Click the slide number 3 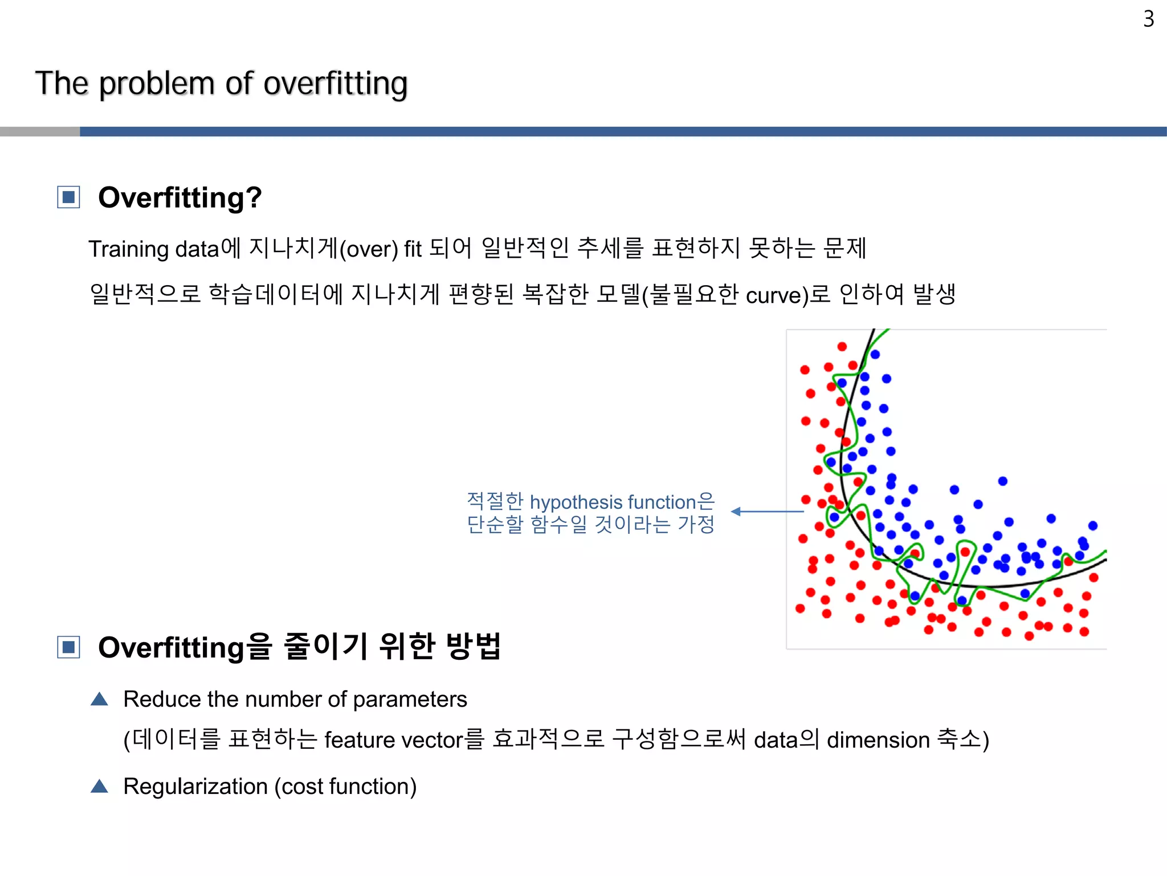pos(1148,19)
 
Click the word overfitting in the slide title pos(335,84)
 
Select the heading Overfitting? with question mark pos(180,198)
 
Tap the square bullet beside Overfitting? pos(68,197)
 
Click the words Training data pos(153,249)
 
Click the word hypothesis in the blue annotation pos(576,502)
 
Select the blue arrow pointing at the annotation pos(766,512)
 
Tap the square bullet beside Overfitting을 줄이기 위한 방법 pos(68,647)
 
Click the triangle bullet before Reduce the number pos(99,699)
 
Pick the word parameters pos(410,700)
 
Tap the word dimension pos(878,740)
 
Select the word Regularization pos(195,786)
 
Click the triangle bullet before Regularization pos(99,786)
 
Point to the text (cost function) pos(345,786)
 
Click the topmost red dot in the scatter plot pos(842,346)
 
